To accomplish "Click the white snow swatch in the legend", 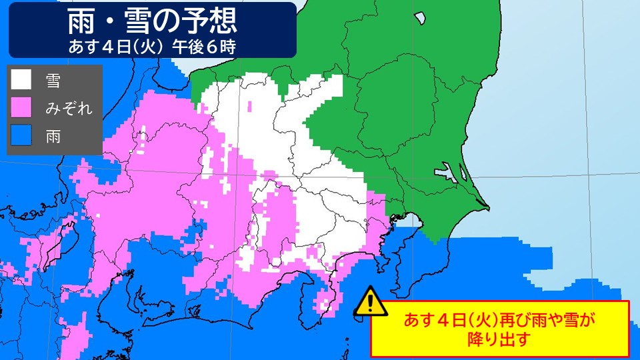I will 21,80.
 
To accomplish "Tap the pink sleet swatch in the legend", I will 21,108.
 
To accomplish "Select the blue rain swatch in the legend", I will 21,136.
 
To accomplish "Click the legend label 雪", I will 53,81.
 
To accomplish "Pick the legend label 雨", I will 53,137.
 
